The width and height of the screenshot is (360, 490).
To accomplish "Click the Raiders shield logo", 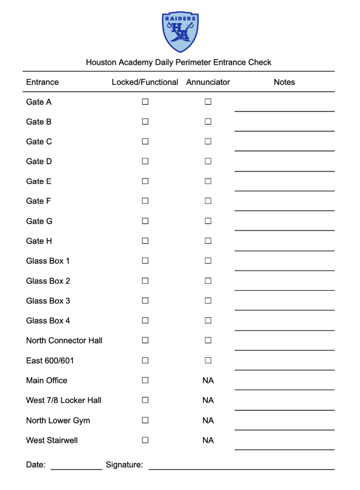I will click(180, 32).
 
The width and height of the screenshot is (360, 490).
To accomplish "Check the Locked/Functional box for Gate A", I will click(145, 102).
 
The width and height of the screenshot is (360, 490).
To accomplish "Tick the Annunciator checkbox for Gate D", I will click(208, 161).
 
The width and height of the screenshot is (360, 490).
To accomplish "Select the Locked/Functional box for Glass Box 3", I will click(145, 301).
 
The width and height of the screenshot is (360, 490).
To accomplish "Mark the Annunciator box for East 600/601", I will click(208, 361).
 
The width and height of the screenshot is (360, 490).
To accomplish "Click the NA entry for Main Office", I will click(208, 380).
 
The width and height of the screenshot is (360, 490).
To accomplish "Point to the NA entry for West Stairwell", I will click(208, 440).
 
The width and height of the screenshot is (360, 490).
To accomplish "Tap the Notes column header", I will click(284, 82).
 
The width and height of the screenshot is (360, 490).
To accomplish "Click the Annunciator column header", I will click(208, 82).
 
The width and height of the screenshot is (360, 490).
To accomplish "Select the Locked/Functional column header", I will click(145, 82).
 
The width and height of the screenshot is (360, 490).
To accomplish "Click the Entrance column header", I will click(42, 82).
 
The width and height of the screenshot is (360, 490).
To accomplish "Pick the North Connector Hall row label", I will click(64, 341).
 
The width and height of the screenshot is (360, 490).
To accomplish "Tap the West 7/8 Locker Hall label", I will click(63, 400).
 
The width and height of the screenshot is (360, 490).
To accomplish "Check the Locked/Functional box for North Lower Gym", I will click(145, 420).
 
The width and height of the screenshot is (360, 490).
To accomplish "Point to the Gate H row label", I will click(39, 241).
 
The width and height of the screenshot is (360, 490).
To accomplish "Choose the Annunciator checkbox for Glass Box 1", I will click(208, 261).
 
